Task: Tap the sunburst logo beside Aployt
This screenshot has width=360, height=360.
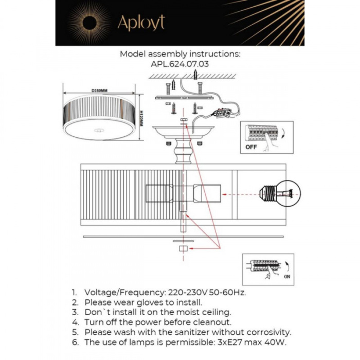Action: (89, 22)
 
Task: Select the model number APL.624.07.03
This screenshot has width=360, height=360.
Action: (179, 64)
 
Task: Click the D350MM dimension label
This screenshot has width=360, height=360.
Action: (99, 91)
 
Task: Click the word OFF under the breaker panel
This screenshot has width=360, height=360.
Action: (251, 146)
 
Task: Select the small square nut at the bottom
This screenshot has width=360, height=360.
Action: (182, 249)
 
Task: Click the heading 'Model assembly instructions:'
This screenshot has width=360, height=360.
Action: (179, 54)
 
